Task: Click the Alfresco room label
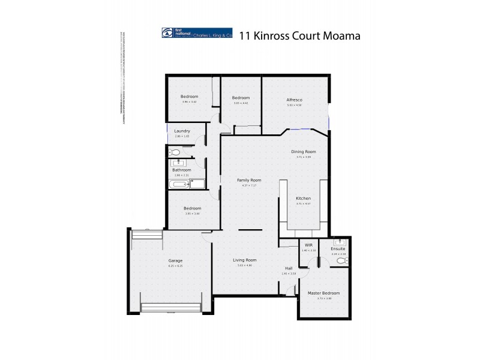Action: coord(294,99)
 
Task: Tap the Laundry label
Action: coord(182,131)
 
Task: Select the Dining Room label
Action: coord(304,152)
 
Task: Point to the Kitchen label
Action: coord(304,198)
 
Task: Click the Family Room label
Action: coord(249,180)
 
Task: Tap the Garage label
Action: coord(175,260)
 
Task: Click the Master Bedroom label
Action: coord(324,293)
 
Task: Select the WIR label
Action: coord(309,245)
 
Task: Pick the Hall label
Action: coord(289,268)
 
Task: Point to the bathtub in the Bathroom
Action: coord(179,184)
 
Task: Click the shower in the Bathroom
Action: coord(198,183)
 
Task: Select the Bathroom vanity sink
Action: coord(178,163)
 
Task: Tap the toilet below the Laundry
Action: coord(175,152)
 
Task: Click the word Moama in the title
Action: coord(340,35)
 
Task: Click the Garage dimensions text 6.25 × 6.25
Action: coord(175,266)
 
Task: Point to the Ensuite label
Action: coord(338,248)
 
